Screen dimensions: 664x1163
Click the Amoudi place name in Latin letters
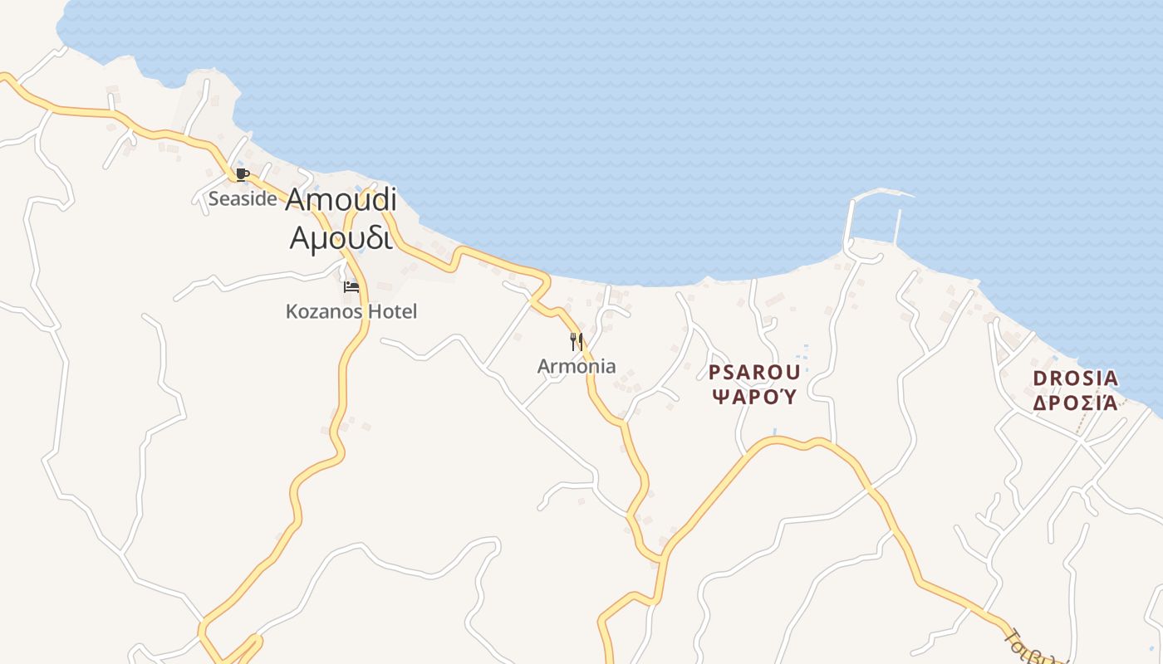coord(341,200)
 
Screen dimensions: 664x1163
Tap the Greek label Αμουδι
coord(341,237)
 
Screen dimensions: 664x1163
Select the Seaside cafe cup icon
coord(242,173)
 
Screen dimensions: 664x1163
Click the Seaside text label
coord(242,199)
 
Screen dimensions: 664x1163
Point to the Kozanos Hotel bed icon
coord(351,287)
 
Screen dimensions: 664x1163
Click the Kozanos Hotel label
coord(351,311)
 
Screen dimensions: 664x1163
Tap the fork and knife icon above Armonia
coord(577,341)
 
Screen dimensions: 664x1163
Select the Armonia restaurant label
coord(577,366)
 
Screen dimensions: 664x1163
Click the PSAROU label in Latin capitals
coord(754,372)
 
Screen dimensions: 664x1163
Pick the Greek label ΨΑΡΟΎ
coord(754,396)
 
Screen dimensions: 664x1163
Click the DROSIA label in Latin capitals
coord(1075,378)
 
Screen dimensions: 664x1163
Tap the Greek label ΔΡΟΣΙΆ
coord(1075,403)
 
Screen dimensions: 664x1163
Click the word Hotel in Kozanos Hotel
coord(391,311)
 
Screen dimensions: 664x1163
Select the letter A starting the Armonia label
coord(544,366)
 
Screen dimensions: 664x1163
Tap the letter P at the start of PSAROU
coord(714,372)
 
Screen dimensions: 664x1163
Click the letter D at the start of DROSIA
coord(1038,378)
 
